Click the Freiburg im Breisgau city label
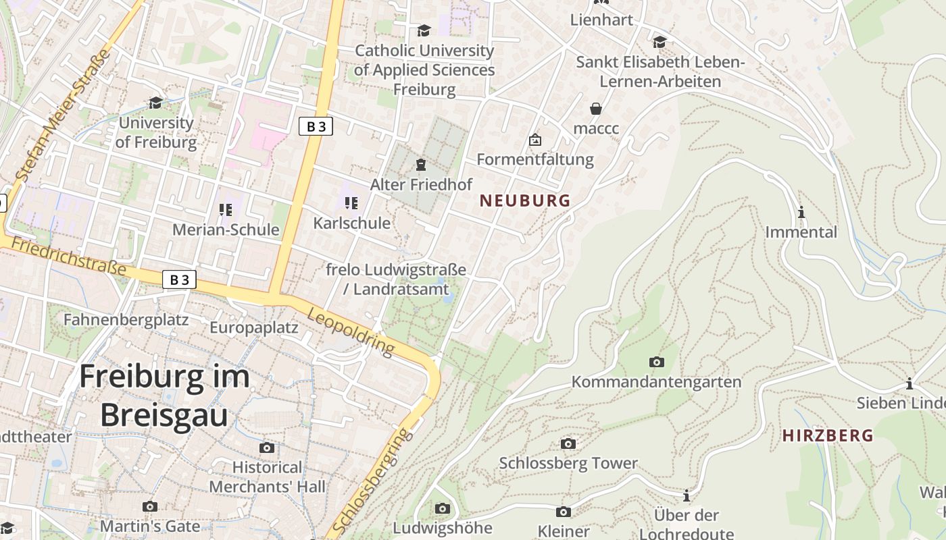point(164,396)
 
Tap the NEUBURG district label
point(525,200)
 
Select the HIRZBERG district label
point(828,435)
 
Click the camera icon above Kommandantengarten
point(656,362)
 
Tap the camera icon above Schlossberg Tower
point(568,443)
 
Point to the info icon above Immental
point(801,212)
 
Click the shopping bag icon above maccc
point(596,108)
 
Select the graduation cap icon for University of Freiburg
point(156,103)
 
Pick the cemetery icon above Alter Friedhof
point(421,164)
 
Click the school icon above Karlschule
point(351,202)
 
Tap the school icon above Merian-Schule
point(226,210)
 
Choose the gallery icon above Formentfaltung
point(535,140)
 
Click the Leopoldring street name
point(351,331)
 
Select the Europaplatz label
point(254,328)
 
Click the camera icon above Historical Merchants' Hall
point(267,448)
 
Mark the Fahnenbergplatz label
point(126,319)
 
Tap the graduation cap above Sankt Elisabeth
point(659,42)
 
